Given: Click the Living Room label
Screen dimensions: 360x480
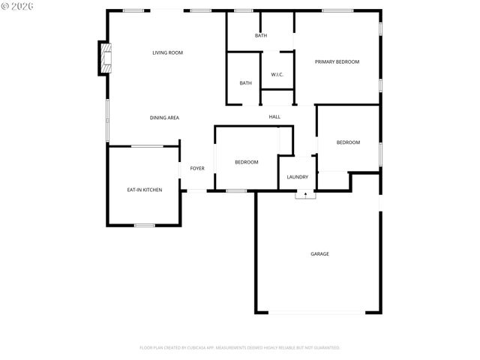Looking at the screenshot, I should (x=167, y=52).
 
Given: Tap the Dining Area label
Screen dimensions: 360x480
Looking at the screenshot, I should (x=164, y=118).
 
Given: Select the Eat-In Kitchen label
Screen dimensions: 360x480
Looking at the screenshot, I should (x=144, y=190).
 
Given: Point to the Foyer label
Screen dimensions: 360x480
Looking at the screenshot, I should (x=197, y=168).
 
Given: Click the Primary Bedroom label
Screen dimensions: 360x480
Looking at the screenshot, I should (x=337, y=61).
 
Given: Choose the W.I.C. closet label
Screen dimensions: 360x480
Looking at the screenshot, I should (x=277, y=74).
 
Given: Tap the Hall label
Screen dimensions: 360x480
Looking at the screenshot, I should (x=274, y=116).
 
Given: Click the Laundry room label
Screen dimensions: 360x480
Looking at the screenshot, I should (x=297, y=177).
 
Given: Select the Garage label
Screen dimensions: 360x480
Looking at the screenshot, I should (x=319, y=253).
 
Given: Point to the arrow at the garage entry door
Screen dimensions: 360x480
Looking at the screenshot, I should (x=305, y=193).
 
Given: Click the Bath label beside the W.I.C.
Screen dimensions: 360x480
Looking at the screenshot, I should (x=245, y=82).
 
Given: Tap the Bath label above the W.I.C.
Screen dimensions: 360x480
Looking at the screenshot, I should (x=260, y=35).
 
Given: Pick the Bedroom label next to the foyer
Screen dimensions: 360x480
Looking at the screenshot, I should (x=246, y=162).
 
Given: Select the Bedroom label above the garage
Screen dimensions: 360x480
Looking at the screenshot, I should (x=348, y=142).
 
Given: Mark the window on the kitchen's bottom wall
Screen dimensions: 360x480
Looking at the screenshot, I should (x=144, y=225).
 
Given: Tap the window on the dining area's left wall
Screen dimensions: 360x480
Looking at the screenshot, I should (x=107, y=120).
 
